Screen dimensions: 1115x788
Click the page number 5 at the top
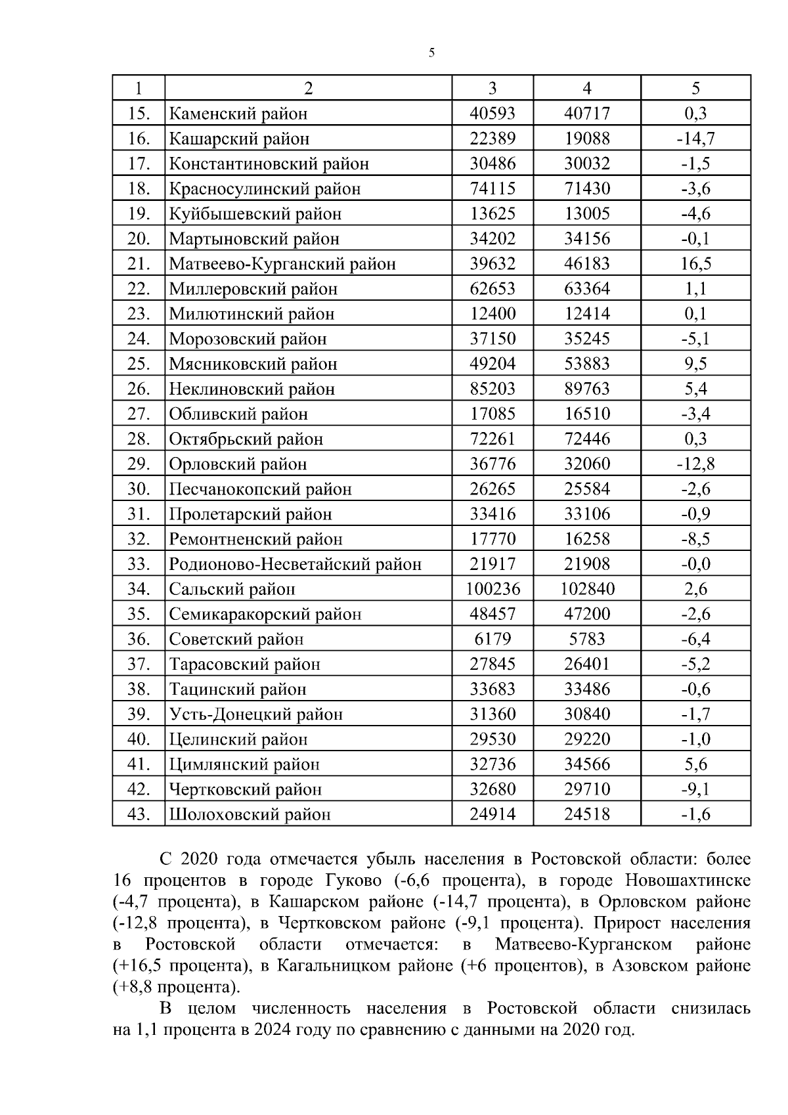point(431,53)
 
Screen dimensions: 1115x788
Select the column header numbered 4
point(586,88)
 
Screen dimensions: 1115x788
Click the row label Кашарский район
point(239,139)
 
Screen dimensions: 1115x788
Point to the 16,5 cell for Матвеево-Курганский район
point(695,264)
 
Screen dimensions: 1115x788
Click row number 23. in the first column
point(139,314)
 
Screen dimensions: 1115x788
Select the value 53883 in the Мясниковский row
point(586,364)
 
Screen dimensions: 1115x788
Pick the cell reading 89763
point(586,389)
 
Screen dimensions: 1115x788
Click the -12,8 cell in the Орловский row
point(695,464)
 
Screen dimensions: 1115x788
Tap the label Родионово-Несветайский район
point(295,564)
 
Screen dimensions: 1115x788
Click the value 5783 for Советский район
point(586,639)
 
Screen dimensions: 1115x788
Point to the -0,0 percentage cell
point(695,564)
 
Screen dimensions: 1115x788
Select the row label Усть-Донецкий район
point(255,714)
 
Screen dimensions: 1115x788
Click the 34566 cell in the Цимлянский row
point(586,764)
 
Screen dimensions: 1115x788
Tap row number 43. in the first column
point(139,814)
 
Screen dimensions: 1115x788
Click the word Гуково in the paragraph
point(353,881)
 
